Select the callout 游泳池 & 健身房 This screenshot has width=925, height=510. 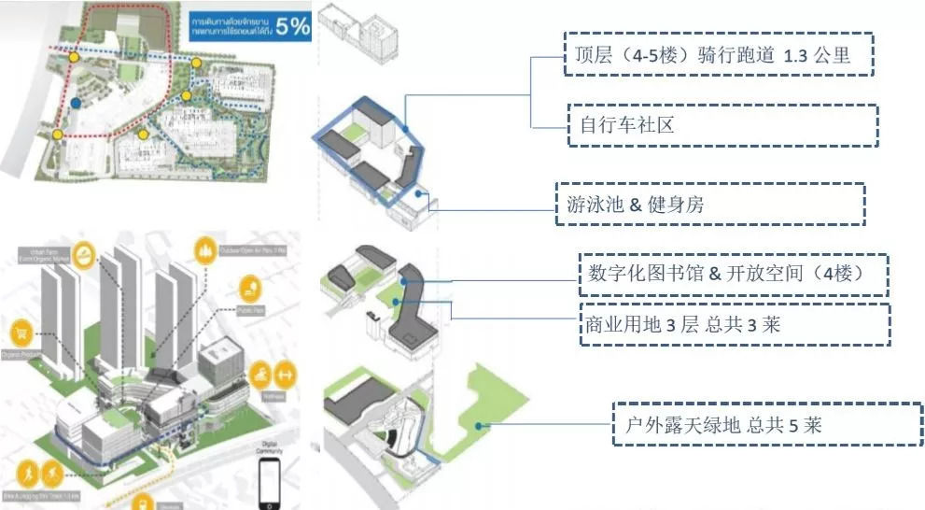(x=709, y=204)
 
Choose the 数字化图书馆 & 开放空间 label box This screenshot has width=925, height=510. (x=733, y=275)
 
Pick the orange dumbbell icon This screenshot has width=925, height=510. (x=287, y=372)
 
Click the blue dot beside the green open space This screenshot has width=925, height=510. (x=477, y=426)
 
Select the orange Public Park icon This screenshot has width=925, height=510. (x=248, y=286)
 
